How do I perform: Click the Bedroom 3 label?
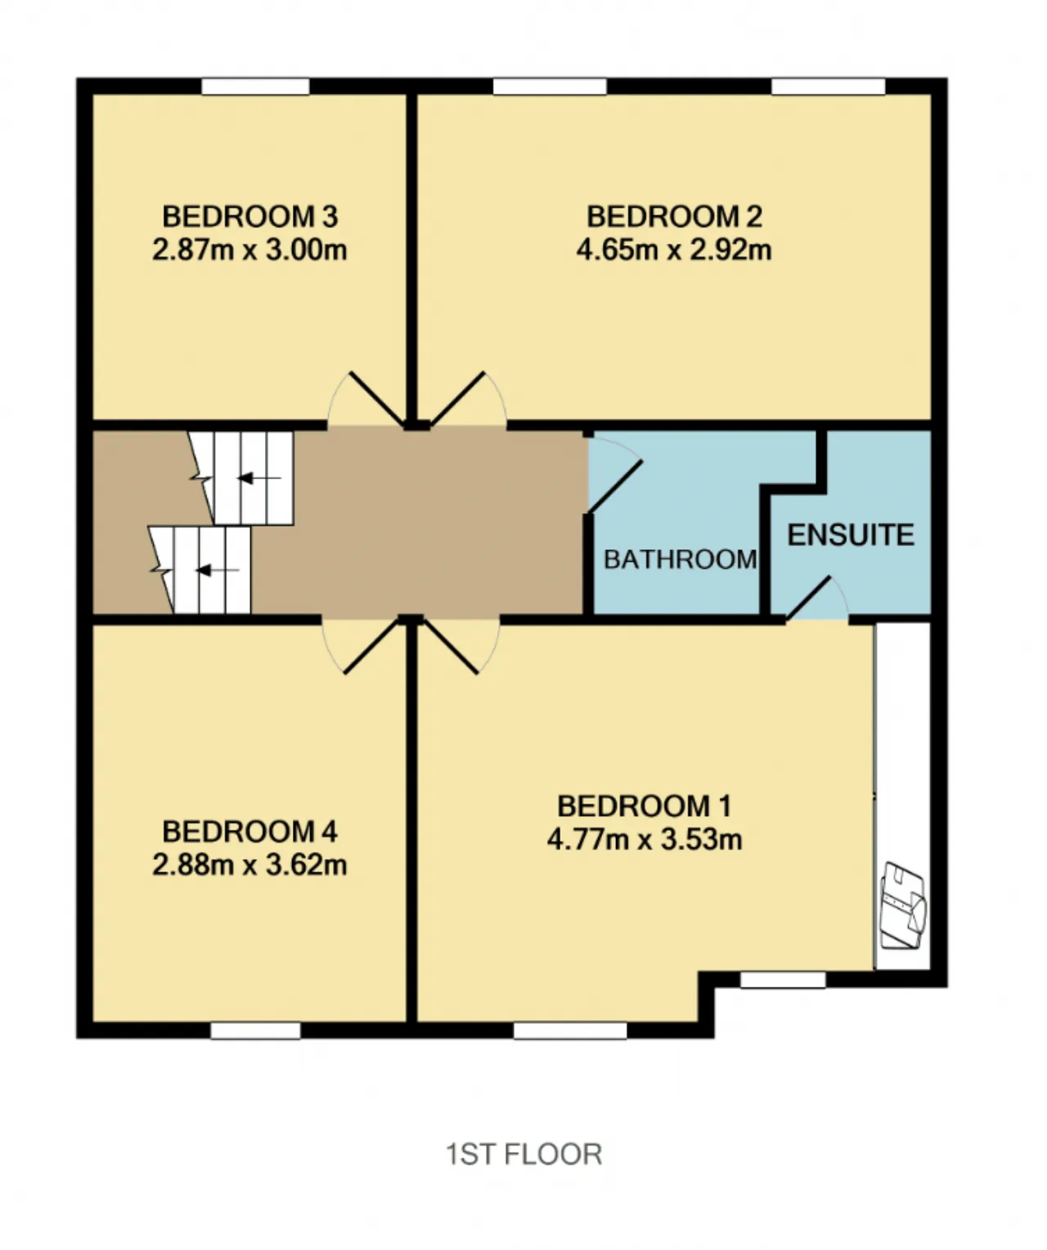[249, 217]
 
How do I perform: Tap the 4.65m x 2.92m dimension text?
[674, 249]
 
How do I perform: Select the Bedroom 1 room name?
[645, 806]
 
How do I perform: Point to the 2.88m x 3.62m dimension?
[249, 864]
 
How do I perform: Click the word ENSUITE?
[851, 535]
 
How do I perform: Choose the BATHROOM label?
[681, 560]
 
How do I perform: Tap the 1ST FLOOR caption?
[524, 1154]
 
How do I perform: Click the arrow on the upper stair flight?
[259, 478]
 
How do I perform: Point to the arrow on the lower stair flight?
[218, 571]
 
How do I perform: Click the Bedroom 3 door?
[377, 399]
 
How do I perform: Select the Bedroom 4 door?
[372, 647]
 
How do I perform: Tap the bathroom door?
[616, 486]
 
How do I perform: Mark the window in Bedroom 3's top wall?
[255, 86]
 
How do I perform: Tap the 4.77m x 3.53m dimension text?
[645, 840]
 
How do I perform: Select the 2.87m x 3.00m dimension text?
[249, 249]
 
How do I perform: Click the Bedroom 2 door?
[462, 399]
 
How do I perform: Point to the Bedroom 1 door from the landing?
[456, 647]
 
